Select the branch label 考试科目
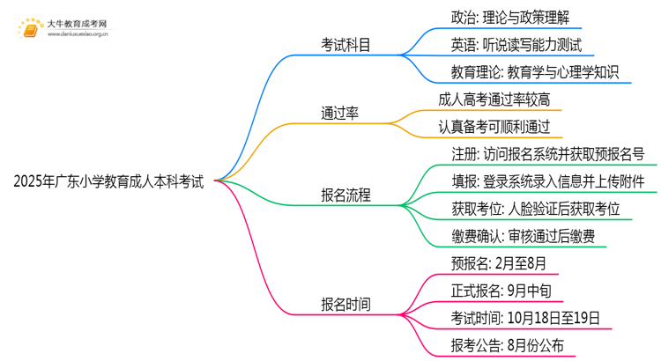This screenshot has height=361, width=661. [x=345, y=43]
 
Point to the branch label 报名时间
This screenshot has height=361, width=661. [x=345, y=305]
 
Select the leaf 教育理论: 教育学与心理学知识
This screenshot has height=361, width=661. [x=523, y=71]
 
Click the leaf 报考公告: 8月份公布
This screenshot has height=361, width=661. [x=494, y=346]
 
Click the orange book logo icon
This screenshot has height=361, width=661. [x=30, y=26]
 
